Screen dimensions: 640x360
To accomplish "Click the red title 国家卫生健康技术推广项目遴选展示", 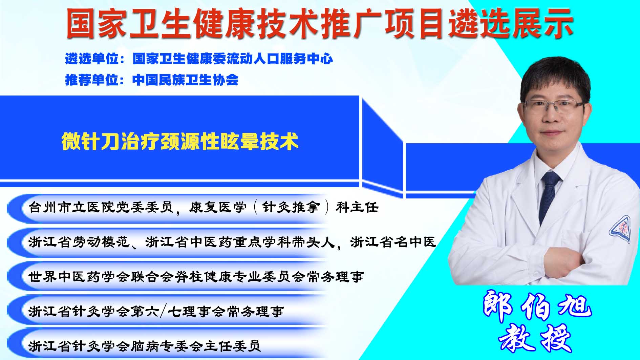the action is click(319, 23).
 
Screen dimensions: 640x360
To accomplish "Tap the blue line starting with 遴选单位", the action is click(199, 59).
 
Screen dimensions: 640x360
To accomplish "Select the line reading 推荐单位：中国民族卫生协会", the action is click(152, 80).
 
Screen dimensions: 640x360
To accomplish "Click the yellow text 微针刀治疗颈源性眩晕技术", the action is click(180, 141).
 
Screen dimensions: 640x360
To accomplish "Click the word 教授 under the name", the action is click(535, 338).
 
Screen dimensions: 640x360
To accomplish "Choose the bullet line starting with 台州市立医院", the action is click(204, 207).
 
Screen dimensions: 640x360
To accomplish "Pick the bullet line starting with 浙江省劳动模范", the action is click(232, 242).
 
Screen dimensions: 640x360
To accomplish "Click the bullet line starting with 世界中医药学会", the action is click(196, 277).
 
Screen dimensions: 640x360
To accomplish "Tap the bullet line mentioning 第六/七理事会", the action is click(156, 311).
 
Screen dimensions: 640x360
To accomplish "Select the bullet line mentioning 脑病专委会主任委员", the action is click(145, 346).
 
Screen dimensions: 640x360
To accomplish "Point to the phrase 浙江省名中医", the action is click(393, 242).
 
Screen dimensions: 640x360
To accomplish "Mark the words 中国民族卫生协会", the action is click(186, 80).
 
